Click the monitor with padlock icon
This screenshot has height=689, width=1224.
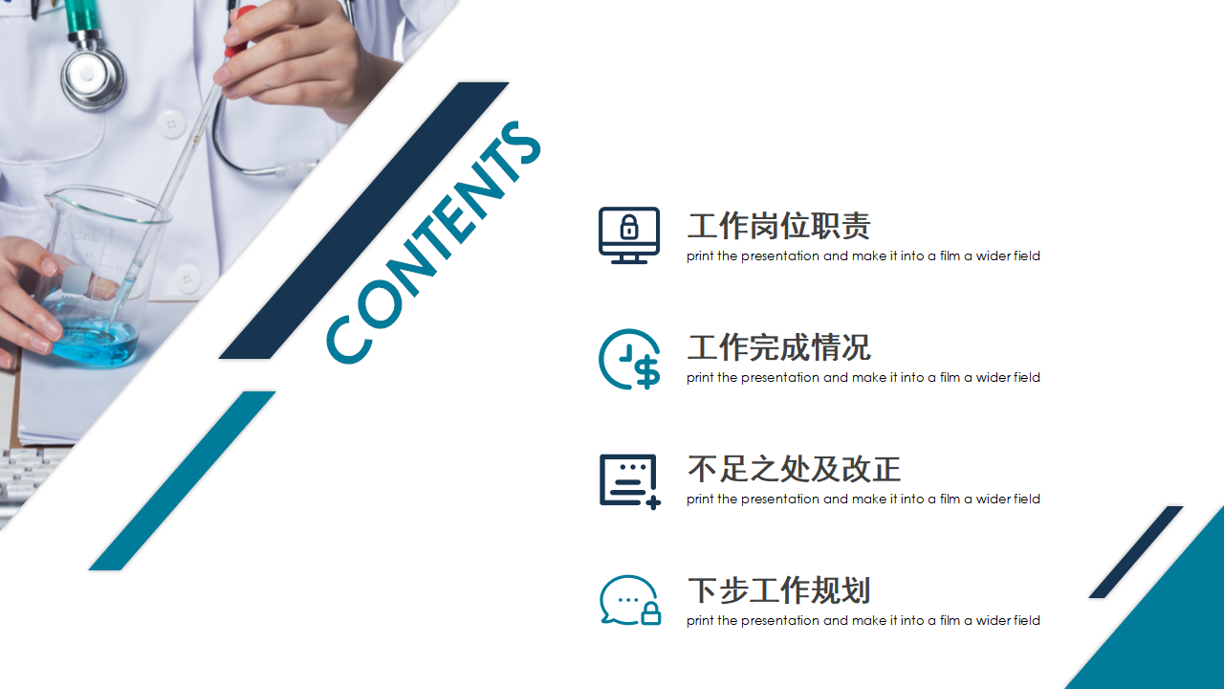pyautogui.click(x=629, y=235)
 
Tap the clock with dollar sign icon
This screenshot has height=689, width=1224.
pyautogui.click(x=629, y=359)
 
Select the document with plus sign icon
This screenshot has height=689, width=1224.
pyautogui.click(x=629, y=481)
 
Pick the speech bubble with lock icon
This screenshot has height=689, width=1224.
pyautogui.click(x=630, y=600)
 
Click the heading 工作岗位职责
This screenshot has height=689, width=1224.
pyautogui.click(x=778, y=226)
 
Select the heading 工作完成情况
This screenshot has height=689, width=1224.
pyautogui.click(x=778, y=347)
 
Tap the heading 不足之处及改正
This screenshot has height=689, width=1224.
pyautogui.click(x=794, y=469)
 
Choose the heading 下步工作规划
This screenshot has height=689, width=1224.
pyautogui.click(x=778, y=590)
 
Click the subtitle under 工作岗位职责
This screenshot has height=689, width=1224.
pyautogui.click(x=863, y=256)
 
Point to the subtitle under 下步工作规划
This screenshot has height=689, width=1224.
pyautogui.click(x=863, y=621)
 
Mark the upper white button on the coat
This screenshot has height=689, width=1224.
pyautogui.click(x=171, y=124)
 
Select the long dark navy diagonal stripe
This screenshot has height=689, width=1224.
pyautogui.click(x=364, y=220)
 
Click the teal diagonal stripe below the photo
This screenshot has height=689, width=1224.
pyautogui.click(x=182, y=480)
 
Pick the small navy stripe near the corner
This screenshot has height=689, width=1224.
pyautogui.click(x=1136, y=552)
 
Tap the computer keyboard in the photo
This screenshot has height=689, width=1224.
pyautogui.click(x=29, y=477)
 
